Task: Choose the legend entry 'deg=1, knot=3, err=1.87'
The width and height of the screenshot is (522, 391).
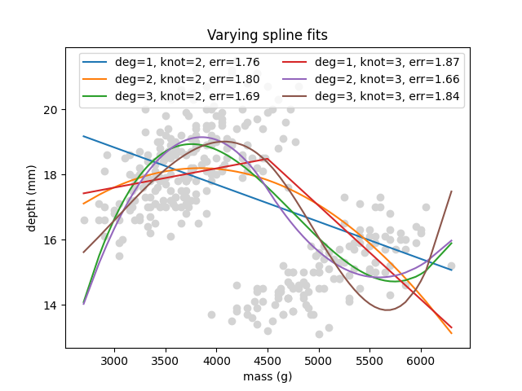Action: point(387,62)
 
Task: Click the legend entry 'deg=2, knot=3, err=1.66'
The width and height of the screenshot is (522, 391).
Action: point(387,79)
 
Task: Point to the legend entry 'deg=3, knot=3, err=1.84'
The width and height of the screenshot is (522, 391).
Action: point(387,96)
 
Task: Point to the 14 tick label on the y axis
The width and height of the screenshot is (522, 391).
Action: point(51,305)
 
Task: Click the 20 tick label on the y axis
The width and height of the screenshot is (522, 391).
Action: point(51,110)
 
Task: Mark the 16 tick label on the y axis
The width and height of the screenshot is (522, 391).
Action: point(51,240)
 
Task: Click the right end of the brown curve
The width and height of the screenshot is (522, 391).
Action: point(451,191)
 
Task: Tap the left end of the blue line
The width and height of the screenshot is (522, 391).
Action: point(84,136)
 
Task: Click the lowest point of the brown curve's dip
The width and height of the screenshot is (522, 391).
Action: point(386,310)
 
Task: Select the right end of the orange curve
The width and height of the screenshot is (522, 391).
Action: point(451,333)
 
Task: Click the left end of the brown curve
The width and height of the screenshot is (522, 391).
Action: point(84,253)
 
